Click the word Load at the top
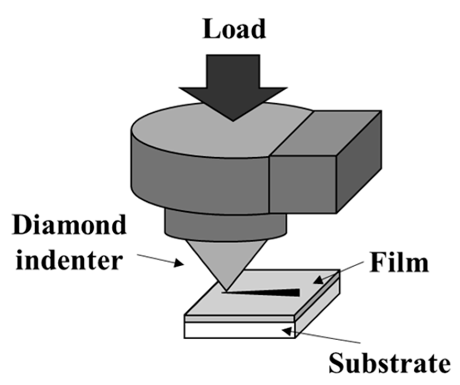(234, 29)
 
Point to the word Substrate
(389, 363)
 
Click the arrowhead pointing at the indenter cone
(180, 263)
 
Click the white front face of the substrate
(236, 331)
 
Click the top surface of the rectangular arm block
(325, 134)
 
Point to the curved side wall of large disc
(199, 181)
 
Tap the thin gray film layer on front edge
(240, 319)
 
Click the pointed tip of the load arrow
(233, 119)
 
